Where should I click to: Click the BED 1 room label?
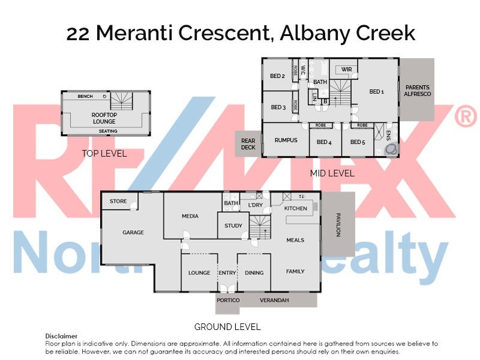(376, 92)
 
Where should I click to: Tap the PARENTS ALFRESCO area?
(418, 91)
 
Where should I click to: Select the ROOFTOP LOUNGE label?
(104, 118)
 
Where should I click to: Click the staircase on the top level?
(121, 100)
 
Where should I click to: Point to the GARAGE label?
(133, 232)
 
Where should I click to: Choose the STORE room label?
(118, 202)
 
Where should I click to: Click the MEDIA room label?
(190, 216)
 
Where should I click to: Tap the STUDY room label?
(233, 226)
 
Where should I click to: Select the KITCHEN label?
(295, 208)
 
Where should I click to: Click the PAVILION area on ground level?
(338, 224)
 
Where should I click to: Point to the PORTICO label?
(228, 300)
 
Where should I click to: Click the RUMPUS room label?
(286, 140)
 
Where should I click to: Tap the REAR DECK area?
(248, 144)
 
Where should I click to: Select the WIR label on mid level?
(346, 70)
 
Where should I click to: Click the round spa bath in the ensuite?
(391, 148)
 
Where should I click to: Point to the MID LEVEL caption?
(332, 173)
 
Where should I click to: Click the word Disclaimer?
(61, 336)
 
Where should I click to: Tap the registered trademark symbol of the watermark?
(465, 118)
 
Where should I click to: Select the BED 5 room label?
(358, 142)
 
